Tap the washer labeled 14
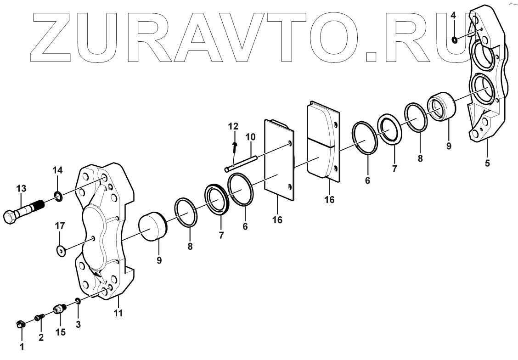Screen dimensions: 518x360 pyautogui.click(x=58, y=197)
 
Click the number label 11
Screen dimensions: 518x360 pyautogui.click(x=118, y=314)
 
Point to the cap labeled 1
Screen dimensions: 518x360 pyautogui.click(x=20, y=325)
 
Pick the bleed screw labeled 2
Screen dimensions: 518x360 pyautogui.click(x=39, y=317)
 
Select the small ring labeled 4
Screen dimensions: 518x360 pyautogui.click(x=454, y=40)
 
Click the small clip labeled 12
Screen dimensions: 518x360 pyautogui.click(x=235, y=146)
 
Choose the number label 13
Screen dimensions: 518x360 pyautogui.click(x=21, y=188)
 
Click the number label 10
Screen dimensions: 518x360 pyautogui.click(x=250, y=137)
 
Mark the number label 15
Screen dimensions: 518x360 pyautogui.click(x=60, y=331)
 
